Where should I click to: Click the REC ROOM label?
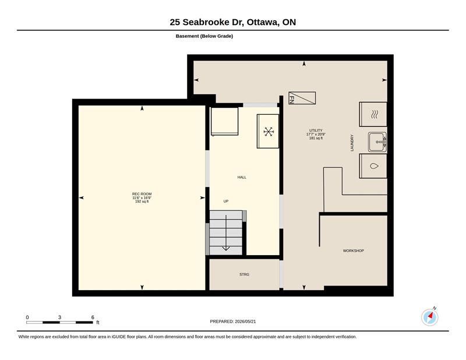pos(142,194)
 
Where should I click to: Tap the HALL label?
pos(242,177)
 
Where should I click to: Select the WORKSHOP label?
pos(354,250)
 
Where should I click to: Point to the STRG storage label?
pos(244,274)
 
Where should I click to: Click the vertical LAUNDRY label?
pos(352,143)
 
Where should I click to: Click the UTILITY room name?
pos(316,130)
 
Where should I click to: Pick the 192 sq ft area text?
pos(142,202)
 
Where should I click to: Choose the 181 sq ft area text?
pos(316,138)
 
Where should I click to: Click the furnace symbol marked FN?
pos(302,98)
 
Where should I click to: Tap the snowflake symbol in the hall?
pos(269,132)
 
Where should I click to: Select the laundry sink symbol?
pos(377,142)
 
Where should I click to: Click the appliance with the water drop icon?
pos(373,166)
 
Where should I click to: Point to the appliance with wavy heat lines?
pos(373,114)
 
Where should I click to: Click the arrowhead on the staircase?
pos(226,249)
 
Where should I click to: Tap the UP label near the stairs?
pos(226,201)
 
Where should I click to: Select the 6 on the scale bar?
pos(93,317)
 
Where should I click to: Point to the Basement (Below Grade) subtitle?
pos(204,36)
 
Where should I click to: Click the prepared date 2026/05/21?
pos(245,322)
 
